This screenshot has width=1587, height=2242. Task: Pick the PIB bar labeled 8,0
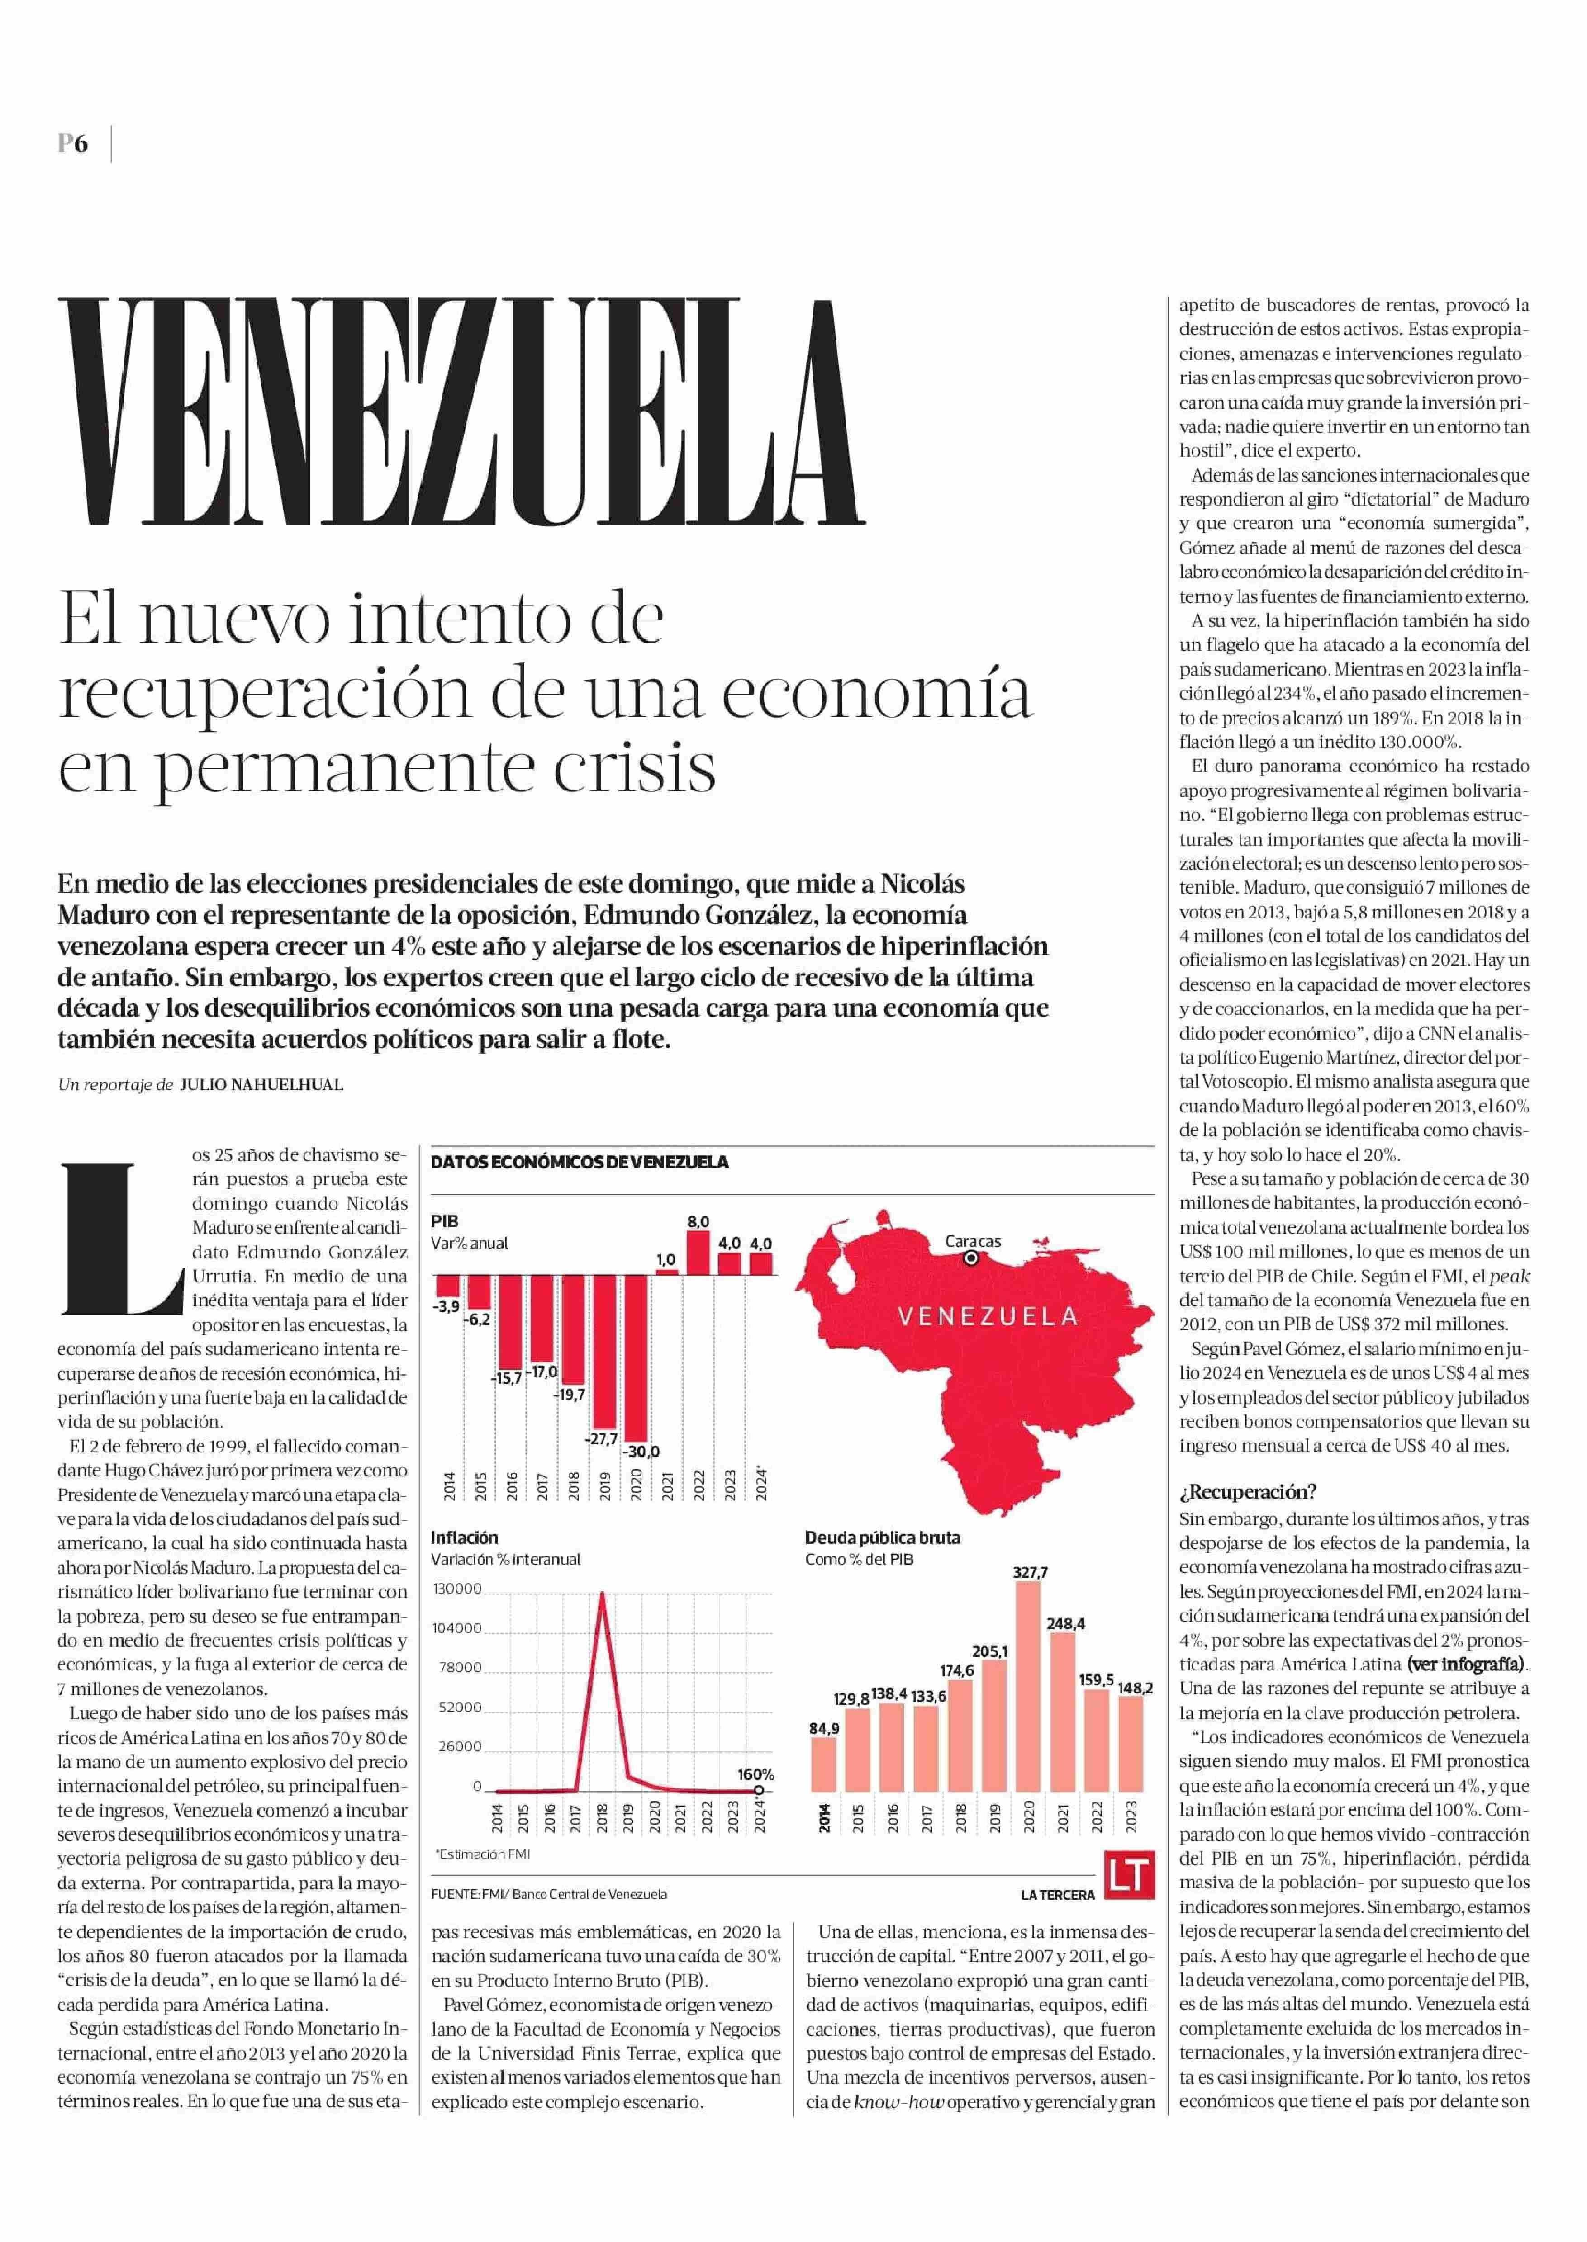698,1253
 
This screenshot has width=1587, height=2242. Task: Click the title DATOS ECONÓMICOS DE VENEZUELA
580,1163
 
